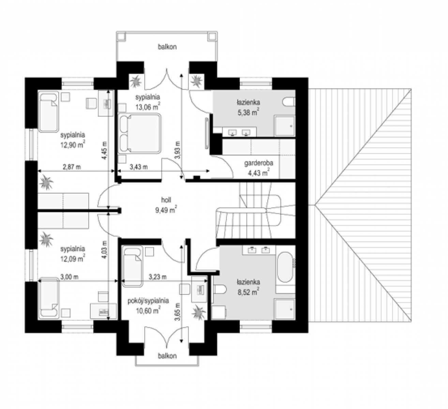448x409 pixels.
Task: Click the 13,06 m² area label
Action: (148, 106)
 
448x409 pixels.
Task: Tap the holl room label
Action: (166, 200)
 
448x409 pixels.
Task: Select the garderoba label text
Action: (259, 163)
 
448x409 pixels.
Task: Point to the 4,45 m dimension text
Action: (104, 150)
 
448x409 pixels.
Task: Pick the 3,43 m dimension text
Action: (139, 167)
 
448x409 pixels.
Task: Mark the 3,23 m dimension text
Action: (158, 277)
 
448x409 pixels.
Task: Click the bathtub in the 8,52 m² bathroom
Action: (285, 267)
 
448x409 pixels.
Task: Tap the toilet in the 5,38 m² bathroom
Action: (289, 102)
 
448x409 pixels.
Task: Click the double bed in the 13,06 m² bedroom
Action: (139, 134)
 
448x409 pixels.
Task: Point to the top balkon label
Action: (167, 47)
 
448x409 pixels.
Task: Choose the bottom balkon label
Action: (167, 356)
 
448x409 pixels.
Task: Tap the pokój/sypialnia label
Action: (148, 301)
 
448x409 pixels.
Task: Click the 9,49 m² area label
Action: (166, 210)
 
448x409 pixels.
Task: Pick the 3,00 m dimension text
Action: (69, 277)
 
